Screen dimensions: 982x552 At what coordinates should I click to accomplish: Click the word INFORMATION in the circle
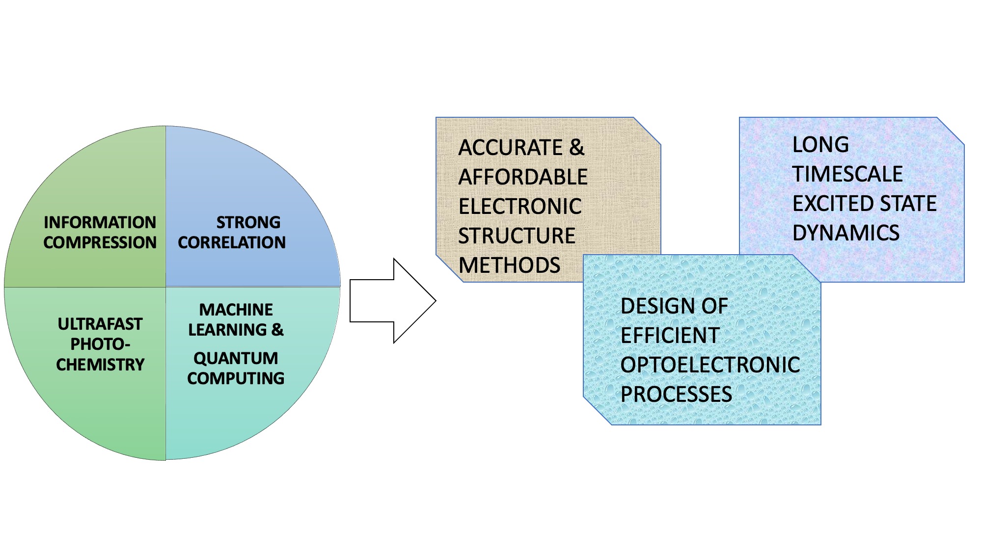(100, 222)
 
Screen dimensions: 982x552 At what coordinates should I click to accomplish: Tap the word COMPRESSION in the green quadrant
(100, 242)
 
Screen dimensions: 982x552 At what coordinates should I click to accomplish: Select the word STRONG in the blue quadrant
(248, 222)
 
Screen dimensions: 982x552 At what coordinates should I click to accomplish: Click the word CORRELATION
(232, 242)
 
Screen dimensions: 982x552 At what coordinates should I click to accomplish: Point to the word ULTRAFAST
(100, 324)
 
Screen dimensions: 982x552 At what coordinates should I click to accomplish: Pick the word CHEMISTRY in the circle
(100, 365)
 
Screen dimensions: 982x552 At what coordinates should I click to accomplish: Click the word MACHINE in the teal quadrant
(236, 310)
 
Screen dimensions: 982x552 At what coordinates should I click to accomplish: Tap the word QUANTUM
(236, 358)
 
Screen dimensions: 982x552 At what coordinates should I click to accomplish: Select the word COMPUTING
(236, 378)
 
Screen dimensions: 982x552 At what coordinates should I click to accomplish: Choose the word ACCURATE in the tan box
(511, 148)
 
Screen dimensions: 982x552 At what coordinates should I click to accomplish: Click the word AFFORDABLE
(523, 177)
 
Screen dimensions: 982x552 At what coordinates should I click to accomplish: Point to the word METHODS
(509, 265)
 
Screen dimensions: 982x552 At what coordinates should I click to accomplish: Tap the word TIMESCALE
(847, 174)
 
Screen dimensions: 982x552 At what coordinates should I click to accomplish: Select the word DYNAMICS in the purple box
(846, 233)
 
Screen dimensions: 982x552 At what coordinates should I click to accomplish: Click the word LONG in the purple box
(820, 145)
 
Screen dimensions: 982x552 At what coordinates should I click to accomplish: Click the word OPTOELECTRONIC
(710, 365)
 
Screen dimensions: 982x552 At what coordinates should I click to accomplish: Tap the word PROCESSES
(676, 394)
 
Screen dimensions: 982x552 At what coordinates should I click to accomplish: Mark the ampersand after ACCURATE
(577, 148)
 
